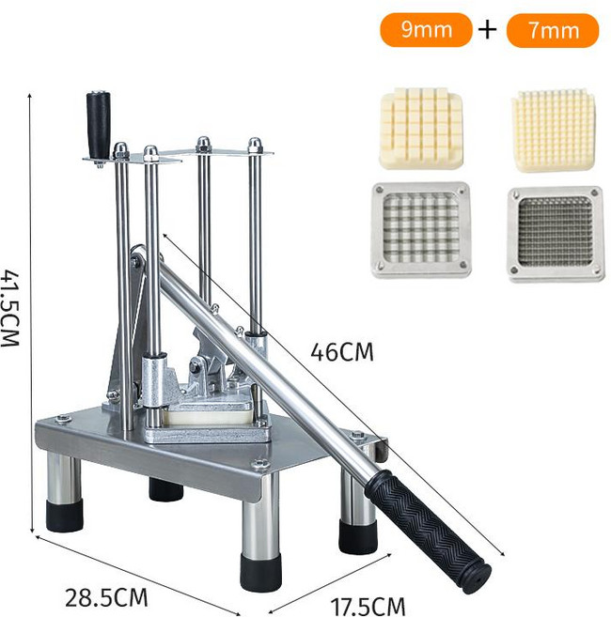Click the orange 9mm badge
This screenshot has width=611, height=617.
pos(426,29)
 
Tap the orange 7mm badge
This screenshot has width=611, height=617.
pos(553,30)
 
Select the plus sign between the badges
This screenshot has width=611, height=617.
pos(488,29)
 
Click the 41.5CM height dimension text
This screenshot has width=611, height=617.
pos(9,308)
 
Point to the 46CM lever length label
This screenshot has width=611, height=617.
pos(341,352)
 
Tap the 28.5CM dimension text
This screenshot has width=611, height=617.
pos(106,597)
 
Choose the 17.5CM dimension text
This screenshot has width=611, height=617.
pos(368,607)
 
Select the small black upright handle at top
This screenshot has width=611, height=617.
pos(99,125)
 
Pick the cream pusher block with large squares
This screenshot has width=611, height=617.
pos(421,129)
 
